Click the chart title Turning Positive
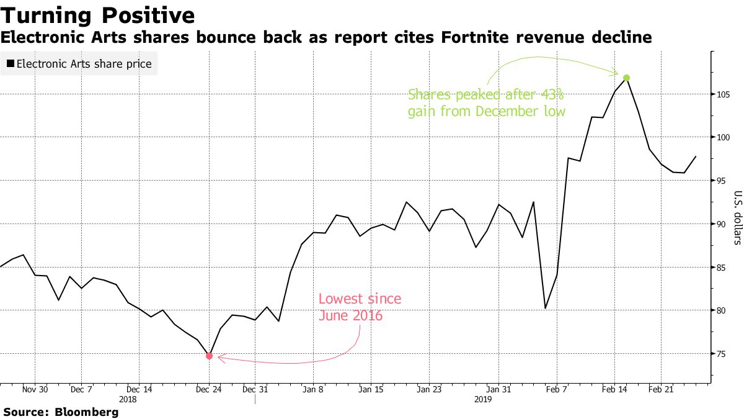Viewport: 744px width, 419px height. (x=98, y=15)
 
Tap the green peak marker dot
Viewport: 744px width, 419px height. (x=626, y=78)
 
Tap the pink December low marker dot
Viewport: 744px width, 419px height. (x=209, y=356)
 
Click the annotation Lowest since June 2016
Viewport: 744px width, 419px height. (x=360, y=307)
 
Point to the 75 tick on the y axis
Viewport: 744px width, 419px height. (x=722, y=354)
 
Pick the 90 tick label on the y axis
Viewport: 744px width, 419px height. (x=722, y=224)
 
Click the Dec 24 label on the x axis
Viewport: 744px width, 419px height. (x=209, y=390)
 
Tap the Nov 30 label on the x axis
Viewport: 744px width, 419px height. (x=35, y=390)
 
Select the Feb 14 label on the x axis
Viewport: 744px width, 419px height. (x=614, y=390)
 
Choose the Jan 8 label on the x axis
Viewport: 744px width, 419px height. (x=313, y=390)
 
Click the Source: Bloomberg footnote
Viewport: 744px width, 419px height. (x=61, y=412)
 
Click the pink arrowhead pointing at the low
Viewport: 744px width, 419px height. (x=220, y=358)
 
